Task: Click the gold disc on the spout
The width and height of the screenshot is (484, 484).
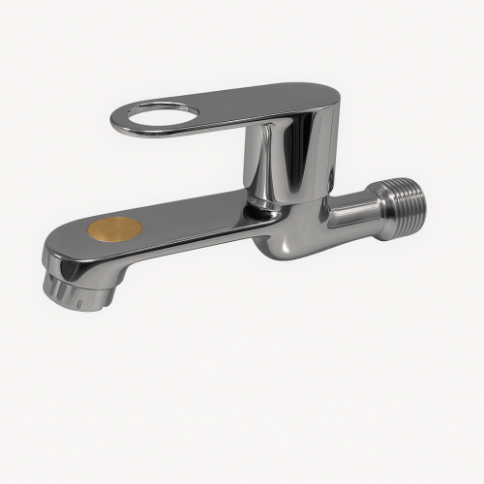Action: [x=115, y=229]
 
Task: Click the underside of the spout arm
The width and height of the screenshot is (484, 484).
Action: [x=174, y=254]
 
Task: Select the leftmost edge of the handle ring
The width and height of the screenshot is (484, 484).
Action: [x=113, y=121]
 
